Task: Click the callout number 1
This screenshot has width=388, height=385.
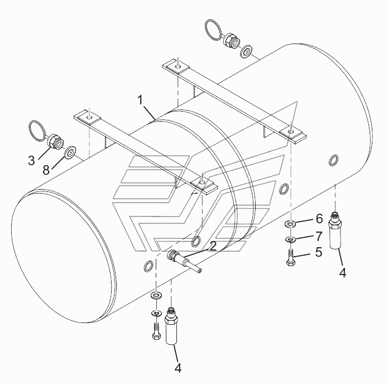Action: pos(142,100)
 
